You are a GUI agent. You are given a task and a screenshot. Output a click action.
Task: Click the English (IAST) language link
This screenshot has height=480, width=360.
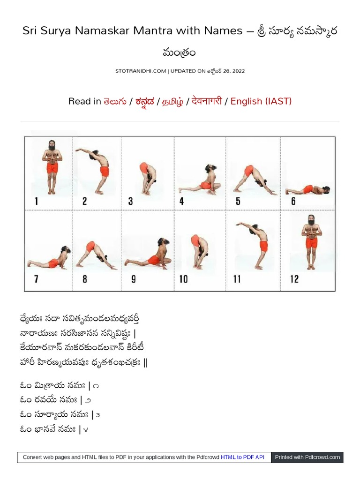(x=261, y=101)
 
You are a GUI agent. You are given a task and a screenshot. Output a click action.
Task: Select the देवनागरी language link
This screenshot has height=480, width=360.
(x=207, y=101)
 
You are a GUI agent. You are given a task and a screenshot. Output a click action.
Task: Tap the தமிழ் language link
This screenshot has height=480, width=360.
(x=172, y=101)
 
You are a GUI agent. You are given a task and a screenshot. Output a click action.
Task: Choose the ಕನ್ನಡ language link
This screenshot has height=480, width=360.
(x=144, y=101)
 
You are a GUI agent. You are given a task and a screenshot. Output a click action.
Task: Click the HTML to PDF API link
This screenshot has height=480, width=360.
(x=242, y=457)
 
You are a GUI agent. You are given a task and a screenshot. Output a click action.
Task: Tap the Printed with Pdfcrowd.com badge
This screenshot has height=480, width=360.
(x=307, y=457)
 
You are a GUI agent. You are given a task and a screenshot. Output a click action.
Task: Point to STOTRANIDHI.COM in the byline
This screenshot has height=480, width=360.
(x=141, y=71)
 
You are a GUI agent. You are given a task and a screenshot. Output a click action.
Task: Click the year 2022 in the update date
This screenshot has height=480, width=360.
(x=239, y=71)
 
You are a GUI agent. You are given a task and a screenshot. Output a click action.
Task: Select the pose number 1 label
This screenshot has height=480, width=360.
(x=37, y=201)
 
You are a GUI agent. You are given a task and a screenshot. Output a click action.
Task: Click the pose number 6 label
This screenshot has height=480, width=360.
(x=293, y=201)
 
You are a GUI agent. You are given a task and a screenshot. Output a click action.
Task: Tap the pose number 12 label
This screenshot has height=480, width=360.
(x=294, y=279)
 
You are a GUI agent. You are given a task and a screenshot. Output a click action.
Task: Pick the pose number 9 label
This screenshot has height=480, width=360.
(x=134, y=279)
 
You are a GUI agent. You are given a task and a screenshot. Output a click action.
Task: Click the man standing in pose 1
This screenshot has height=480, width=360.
(x=52, y=167)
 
